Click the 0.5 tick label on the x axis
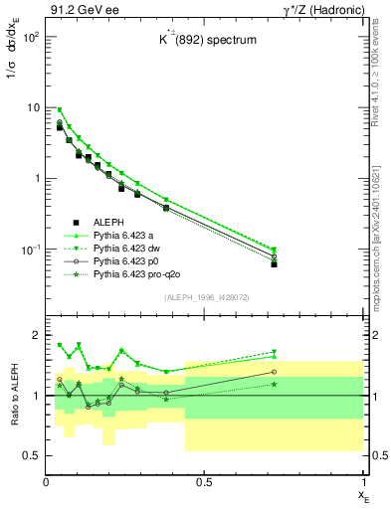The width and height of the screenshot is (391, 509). coord(204,482)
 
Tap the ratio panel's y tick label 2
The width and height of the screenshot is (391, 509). coord(35,335)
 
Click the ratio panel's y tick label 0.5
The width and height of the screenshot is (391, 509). coord(31,455)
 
